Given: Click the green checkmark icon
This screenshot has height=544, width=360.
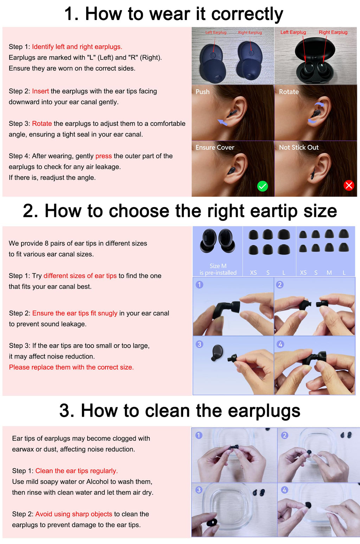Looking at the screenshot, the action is click(x=262, y=186).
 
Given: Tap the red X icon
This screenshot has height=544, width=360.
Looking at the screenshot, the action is click(x=349, y=186).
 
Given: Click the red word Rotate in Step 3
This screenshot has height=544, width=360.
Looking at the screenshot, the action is click(x=42, y=124).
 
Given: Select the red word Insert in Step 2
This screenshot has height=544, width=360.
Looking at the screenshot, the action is click(x=40, y=91).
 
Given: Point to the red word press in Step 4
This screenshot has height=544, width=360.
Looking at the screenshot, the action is click(x=104, y=156).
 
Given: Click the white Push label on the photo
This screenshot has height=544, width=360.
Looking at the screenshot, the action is click(x=202, y=92).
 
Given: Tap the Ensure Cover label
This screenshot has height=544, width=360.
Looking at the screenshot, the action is click(x=215, y=147).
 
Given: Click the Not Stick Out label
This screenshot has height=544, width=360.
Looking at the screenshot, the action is click(x=298, y=147).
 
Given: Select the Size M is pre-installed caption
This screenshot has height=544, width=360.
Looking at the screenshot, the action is click(x=218, y=269).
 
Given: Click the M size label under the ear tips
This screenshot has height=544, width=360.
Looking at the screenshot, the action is click(x=329, y=273).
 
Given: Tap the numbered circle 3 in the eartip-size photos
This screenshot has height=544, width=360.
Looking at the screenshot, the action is click(x=200, y=344).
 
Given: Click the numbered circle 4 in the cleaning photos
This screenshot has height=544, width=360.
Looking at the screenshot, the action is click(x=284, y=490).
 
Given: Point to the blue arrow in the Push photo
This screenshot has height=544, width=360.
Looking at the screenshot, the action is click(x=222, y=122).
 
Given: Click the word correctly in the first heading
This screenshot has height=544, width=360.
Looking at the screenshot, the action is click(x=247, y=14).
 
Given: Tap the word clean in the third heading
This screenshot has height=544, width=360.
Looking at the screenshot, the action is click(x=167, y=411).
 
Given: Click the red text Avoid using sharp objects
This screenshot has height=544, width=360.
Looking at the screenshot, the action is click(x=74, y=514).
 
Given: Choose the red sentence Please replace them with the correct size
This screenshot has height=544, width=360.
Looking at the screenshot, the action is click(x=71, y=367).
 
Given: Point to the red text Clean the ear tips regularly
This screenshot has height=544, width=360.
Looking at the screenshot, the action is click(x=77, y=471).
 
